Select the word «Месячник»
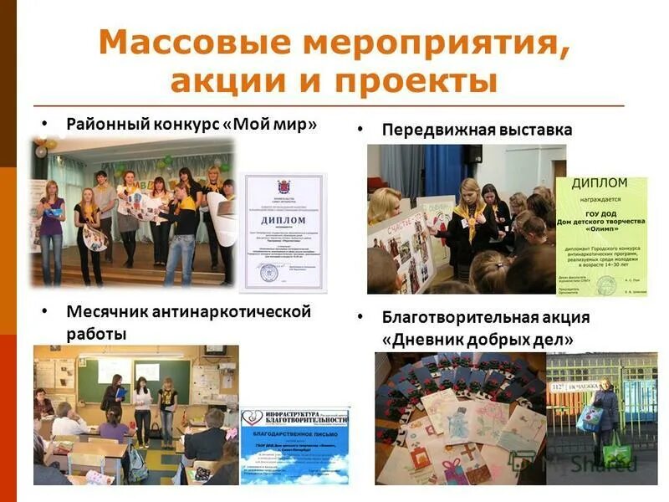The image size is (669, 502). coord(106,312)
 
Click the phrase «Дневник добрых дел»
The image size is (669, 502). coord(478,340)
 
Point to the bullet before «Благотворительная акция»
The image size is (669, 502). coord(360,318)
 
